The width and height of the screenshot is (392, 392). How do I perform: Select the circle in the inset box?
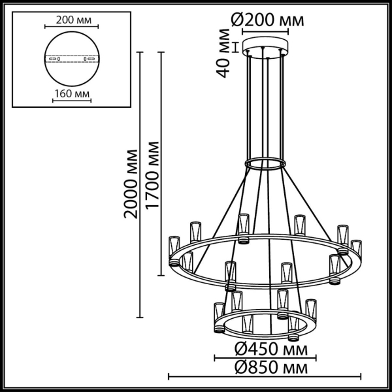tap(73, 59)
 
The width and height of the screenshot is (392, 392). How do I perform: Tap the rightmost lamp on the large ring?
tap(355, 252)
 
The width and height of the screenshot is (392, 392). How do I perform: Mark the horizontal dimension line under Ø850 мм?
tap(265, 376)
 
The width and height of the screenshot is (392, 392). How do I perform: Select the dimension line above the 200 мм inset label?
tap(73, 27)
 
